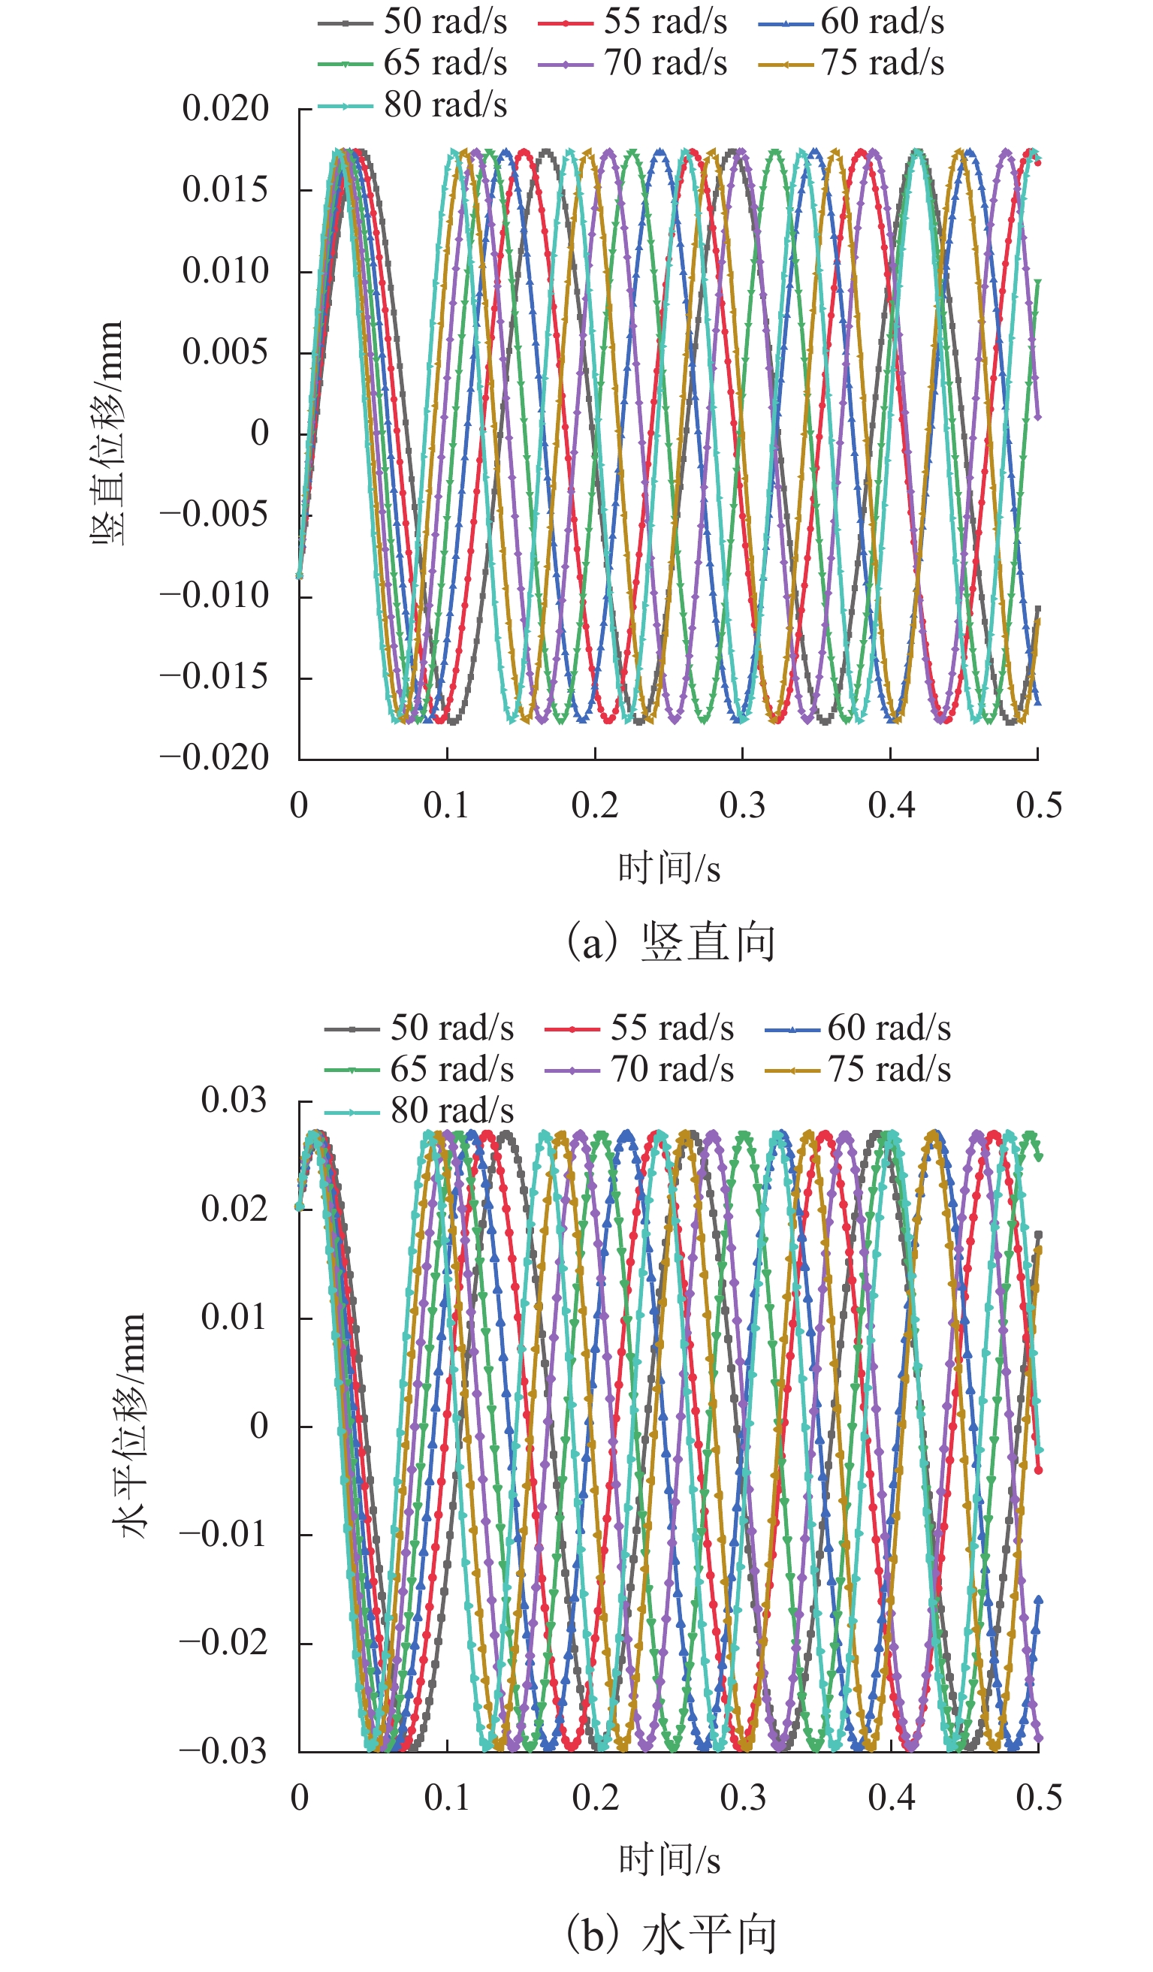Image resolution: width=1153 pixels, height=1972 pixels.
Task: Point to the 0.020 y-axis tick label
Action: click(225, 109)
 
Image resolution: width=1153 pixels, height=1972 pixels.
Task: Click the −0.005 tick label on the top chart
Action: click(213, 515)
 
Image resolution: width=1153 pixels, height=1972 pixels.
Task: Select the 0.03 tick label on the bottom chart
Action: click(234, 1101)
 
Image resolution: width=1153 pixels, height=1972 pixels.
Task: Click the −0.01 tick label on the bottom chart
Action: click(223, 1535)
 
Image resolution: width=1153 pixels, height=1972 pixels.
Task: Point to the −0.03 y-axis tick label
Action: click(223, 1751)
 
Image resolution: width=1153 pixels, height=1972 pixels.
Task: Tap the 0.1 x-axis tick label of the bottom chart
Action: click(447, 1798)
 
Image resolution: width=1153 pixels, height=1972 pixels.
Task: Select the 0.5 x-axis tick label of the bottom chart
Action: click(1039, 1798)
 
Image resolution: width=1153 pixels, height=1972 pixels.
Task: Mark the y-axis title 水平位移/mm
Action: click(129, 1425)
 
